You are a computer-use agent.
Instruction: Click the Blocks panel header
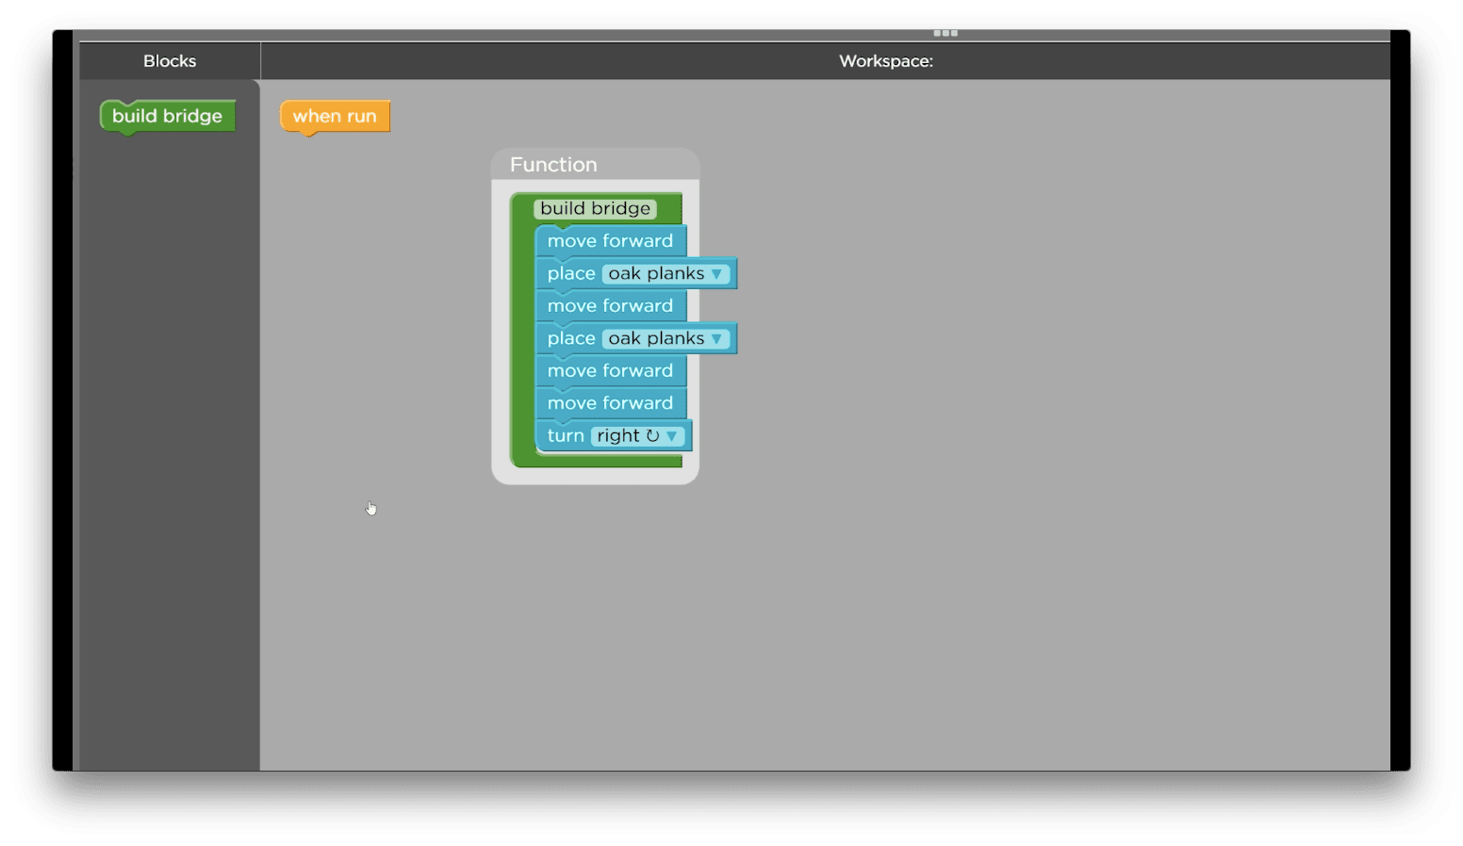(x=169, y=60)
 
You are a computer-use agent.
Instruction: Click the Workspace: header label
(x=886, y=60)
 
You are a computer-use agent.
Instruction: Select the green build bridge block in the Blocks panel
(x=168, y=116)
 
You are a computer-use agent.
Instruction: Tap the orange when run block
(x=335, y=116)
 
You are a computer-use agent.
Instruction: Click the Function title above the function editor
(x=553, y=165)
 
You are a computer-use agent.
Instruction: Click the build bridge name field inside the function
(x=595, y=208)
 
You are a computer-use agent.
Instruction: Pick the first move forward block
(x=611, y=241)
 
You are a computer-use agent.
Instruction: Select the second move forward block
(x=611, y=305)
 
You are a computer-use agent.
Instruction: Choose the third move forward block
(x=611, y=370)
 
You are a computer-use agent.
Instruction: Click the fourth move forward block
(x=611, y=403)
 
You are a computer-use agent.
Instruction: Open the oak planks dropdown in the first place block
(x=665, y=273)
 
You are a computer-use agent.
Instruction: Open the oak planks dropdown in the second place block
(x=665, y=338)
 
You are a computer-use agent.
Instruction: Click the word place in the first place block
(x=571, y=273)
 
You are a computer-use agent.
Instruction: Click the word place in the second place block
(x=571, y=338)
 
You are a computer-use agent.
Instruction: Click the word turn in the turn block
(x=565, y=435)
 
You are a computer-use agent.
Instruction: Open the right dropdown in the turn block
(x=637, y=435)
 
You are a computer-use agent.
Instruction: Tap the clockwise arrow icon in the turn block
(x=652, y=435)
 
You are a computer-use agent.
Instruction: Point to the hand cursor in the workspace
(x=371, y=508)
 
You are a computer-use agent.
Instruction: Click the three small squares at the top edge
(x=945, y=33)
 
